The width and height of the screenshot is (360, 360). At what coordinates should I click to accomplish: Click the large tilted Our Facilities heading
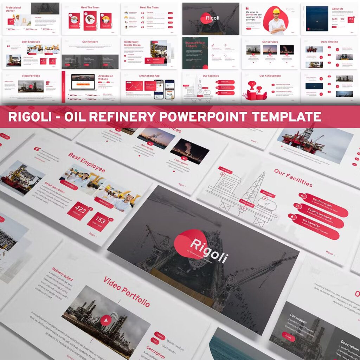293,178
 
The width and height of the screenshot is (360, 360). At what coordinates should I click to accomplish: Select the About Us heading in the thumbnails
337,9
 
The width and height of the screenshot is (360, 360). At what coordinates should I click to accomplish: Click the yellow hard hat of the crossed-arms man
276,11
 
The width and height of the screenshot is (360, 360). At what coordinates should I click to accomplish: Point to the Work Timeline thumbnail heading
329,42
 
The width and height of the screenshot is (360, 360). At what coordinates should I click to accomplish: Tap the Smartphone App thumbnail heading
149,76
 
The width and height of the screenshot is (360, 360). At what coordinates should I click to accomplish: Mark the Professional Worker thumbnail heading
13,9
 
